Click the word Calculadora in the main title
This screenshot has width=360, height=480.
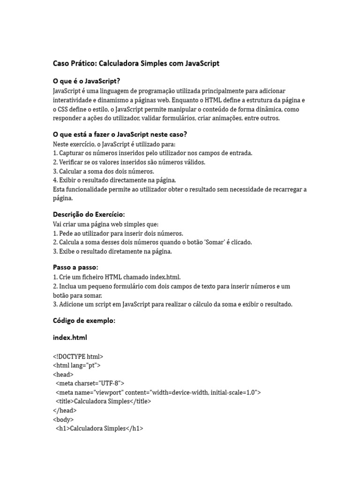[120, 63]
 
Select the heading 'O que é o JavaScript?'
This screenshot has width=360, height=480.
[90, 81]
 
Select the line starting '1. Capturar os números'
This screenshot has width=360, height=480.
[153, 153]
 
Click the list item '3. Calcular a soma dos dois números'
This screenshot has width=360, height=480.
[104, 171]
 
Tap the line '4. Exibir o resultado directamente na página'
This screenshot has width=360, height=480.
[114, 180]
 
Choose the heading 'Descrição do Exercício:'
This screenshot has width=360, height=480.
[89, 214]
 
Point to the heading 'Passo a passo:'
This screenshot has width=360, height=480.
[75, 267]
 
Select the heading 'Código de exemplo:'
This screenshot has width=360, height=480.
[84, 321]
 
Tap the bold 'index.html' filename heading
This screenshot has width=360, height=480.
[70, 337]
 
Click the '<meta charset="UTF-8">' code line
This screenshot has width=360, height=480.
[90, 383]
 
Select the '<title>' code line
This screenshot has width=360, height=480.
[104, 401]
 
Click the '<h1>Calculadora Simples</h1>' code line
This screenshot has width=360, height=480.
[99, 428]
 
